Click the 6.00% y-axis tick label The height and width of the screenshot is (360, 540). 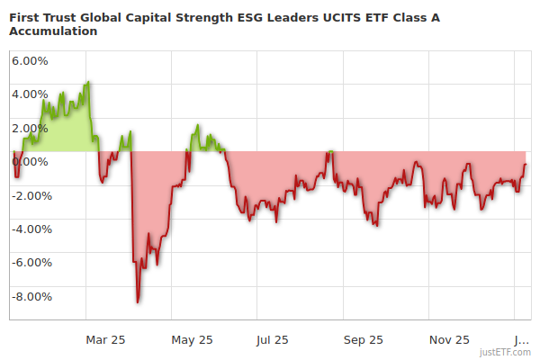pyautogui.click(x=30, y=60)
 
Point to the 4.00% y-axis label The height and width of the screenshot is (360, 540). pyautogui.click(x=30, y=94)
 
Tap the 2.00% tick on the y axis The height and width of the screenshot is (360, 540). pyautogui.click(x=30, y=128)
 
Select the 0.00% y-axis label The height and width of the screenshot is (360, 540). pyautogui.click(x=30, y=161)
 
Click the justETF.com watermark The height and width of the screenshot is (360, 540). pyautogui.click(x=505, y=352)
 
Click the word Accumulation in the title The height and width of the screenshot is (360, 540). pyautogui.click(x=52, y=31)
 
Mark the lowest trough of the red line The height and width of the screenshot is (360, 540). pyautogui.click(x=138, y=301)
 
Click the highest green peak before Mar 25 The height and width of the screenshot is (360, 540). pyautogui.click(x=87, y=82)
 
